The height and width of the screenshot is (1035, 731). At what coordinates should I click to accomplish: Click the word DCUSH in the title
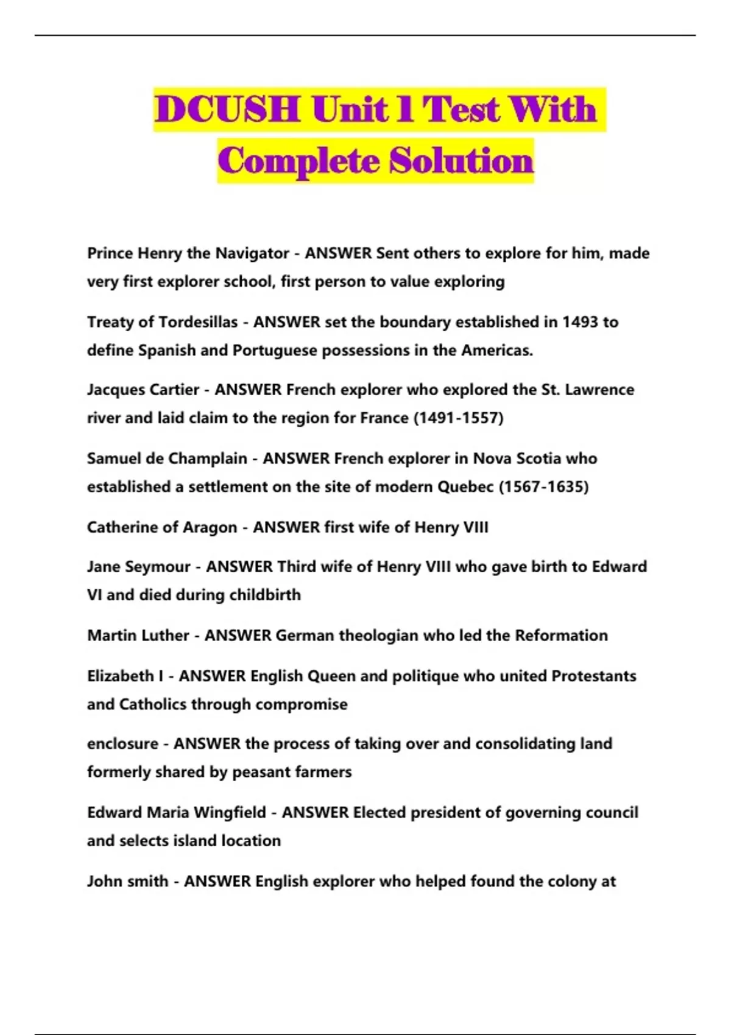pyautogui.click(x=227, y=110)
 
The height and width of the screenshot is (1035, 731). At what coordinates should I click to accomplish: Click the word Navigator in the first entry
pyautogui.click(x=252, y=253)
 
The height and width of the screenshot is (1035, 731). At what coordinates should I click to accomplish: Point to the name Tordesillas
pyautogui.click(x=197, y=322)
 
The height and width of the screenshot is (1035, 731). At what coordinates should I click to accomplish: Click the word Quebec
pyautogui.click(x=464, y=487)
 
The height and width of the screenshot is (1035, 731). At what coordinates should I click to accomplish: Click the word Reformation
pyautogui.click(x=561, y=636)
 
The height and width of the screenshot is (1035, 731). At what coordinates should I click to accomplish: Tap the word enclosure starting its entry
pyautogui.click(x=122, y=744)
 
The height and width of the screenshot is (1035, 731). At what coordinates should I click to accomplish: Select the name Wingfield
pyautogui.click(x=230, y=813)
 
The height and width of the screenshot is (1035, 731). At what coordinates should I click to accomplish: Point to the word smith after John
pyautogui.click(x=148, y=882)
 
